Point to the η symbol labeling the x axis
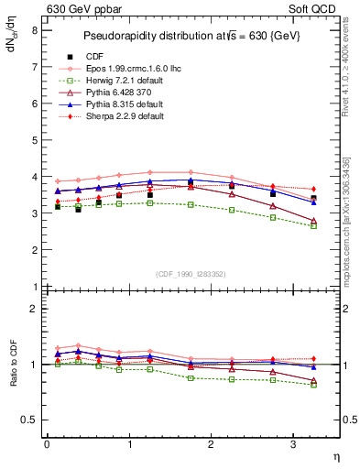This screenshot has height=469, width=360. click(x=335, y=457)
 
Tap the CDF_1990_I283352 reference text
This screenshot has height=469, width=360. click(x=192, y=274)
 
